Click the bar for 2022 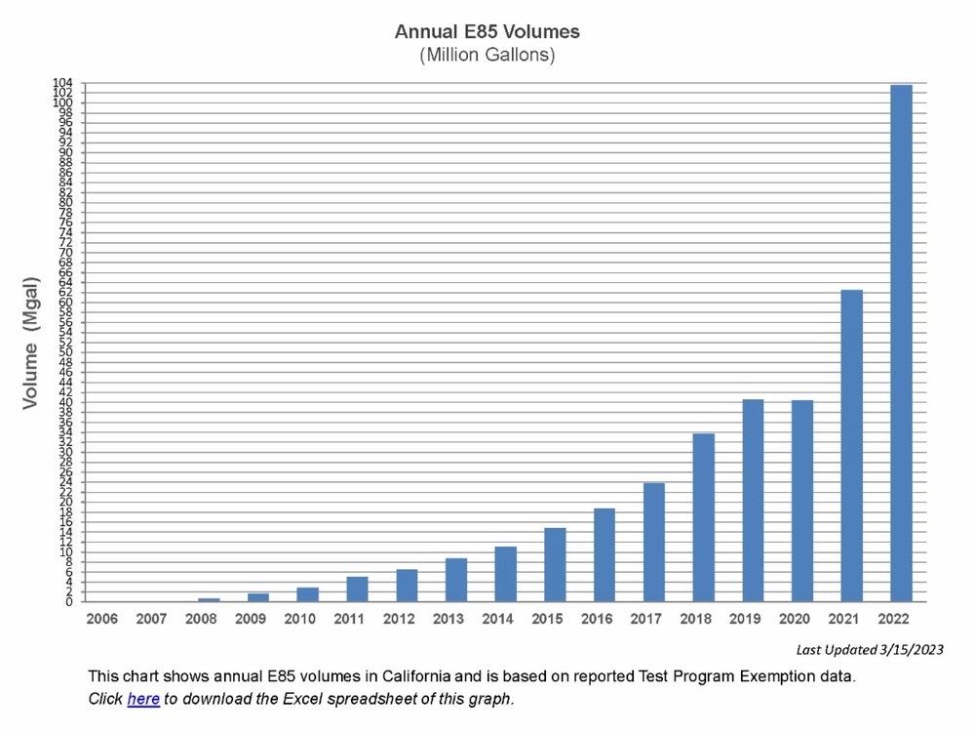[x=902, y=343]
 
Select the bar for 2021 [x=852, y=445]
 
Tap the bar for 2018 [x=703, y=517]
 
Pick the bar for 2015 [x=555, y=564]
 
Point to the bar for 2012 [x=407, y=586]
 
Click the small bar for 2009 [x=258, y=597]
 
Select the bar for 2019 [x=753, y=500]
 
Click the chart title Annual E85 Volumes [x=487, y=32]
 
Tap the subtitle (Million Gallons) [x=487, y=56]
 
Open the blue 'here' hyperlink [x=143, y=699]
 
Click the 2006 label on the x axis [x=102, y=619]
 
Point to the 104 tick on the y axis [x=63, y=83]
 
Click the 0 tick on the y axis [x=68, y=602]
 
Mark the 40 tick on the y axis [x=65, y=402]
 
